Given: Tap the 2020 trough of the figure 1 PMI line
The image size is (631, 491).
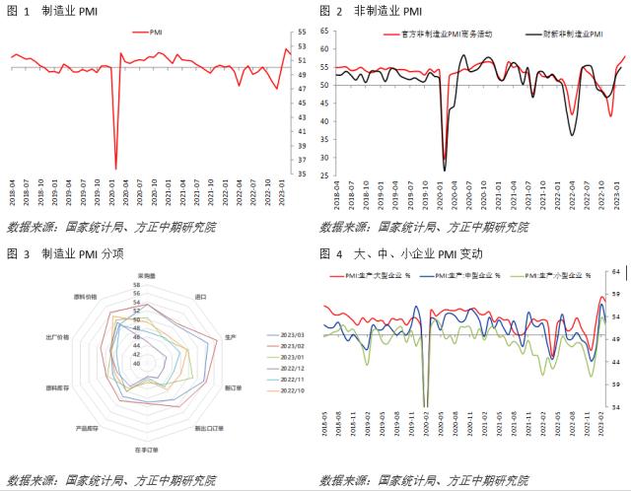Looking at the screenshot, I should pyautogui.click(x=116, y=169).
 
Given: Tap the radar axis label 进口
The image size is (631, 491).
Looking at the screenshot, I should pyautogui.click(x=201, y=296).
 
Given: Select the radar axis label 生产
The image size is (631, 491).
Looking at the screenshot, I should pyautogui.click(x=230, y=337).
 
